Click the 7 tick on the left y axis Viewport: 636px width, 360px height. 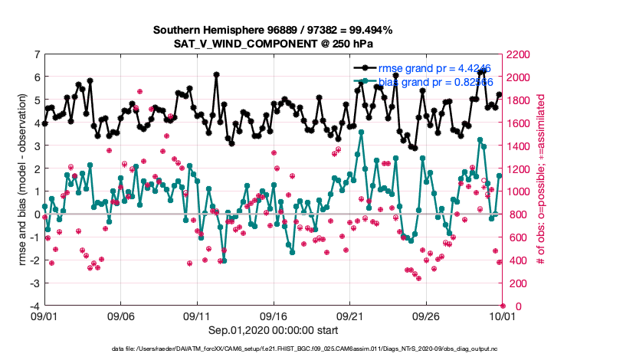click(x=36, y=54)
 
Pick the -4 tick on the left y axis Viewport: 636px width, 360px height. click(x=34, y=306)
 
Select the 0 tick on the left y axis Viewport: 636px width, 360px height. click(x=36, y=214)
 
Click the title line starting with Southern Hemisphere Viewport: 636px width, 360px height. click(x=273, y=30)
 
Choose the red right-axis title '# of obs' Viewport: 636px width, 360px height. click(x=541, y=180)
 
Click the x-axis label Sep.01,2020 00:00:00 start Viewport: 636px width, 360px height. click(x=273, y=330)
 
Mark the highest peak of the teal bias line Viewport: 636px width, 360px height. click(x=361, y=132)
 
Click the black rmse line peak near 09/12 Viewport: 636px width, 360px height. click(x=217, y=74)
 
